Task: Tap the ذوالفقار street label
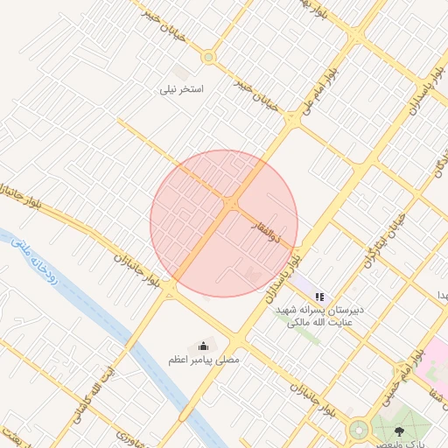click(x=262, y=229)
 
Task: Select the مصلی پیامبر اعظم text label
click(x=203, y=360)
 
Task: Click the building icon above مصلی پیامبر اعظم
click(x=204, y=346)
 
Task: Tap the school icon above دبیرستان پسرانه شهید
click(x=320, y=297)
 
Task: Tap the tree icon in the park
click(x=400, y=430)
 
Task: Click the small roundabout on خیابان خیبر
click(x=208, y=58)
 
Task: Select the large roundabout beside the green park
click(x=358, y=430)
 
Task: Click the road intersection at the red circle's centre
click(x=231, y=205)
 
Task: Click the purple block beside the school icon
click(x=305, y=284)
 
